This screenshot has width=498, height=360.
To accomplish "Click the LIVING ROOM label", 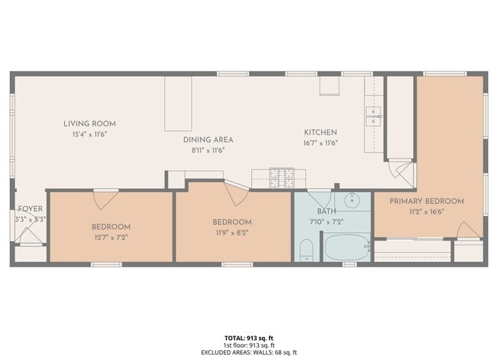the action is (90, 124).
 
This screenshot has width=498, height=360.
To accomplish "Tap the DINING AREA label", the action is (208, 139).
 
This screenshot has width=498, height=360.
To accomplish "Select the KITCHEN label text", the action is (320, 133).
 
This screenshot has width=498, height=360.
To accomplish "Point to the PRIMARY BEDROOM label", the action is (427, 201).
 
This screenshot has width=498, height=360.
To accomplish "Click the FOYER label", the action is (30, 209).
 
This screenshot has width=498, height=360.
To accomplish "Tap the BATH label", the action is (326, 211).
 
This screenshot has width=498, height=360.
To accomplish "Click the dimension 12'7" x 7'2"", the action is (111, 237).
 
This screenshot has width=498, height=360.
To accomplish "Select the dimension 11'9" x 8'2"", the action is (232, 233).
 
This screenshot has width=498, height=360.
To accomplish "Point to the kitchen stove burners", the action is (282, 178).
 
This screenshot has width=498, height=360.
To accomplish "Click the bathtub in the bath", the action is (347, 247).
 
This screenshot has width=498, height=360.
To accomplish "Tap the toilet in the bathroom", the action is (306, 250).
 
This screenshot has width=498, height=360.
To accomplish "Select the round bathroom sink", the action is (352, 201).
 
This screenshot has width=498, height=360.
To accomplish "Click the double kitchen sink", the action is (374, 116).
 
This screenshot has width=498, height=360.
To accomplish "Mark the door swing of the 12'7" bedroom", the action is (106, 201).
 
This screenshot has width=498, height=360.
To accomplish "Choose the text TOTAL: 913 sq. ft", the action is (249, 338).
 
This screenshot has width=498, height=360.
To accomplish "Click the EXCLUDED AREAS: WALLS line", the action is (249, 352).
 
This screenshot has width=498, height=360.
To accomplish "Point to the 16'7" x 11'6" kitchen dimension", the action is (320, 143).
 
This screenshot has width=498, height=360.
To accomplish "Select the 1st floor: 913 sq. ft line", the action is (249, 345).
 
